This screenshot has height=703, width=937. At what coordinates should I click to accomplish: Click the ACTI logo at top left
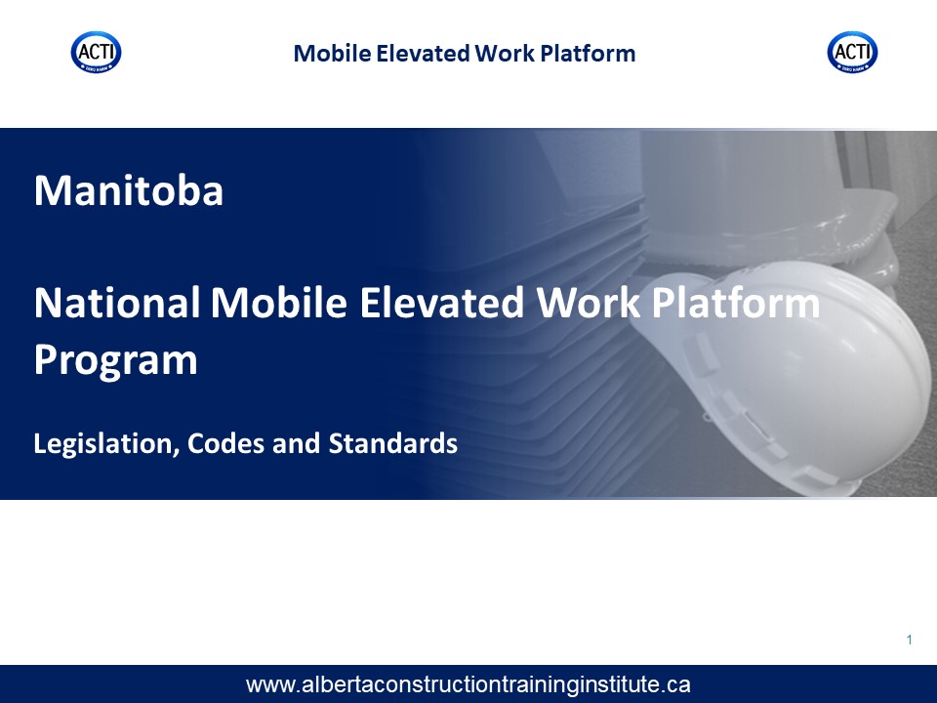(97, 52)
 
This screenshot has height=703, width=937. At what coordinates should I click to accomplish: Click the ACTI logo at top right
(853, 52)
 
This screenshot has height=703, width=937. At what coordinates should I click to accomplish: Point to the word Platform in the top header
(588, 53)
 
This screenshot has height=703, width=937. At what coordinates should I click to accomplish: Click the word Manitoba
(129, 190)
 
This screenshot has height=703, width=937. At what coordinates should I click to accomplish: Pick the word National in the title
(117, 303)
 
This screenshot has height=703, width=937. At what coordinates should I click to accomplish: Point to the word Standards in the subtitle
(393, 443)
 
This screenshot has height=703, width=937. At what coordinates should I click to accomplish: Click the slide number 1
(910, 641)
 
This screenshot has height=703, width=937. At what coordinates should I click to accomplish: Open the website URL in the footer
(468, 684)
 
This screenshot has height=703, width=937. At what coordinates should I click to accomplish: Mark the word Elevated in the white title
(442, 303)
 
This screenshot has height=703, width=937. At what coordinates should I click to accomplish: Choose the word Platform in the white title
(736, 303)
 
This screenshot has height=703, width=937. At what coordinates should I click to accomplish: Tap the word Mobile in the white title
(279, 303)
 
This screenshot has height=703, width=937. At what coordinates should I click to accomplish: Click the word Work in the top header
(505, 53)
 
